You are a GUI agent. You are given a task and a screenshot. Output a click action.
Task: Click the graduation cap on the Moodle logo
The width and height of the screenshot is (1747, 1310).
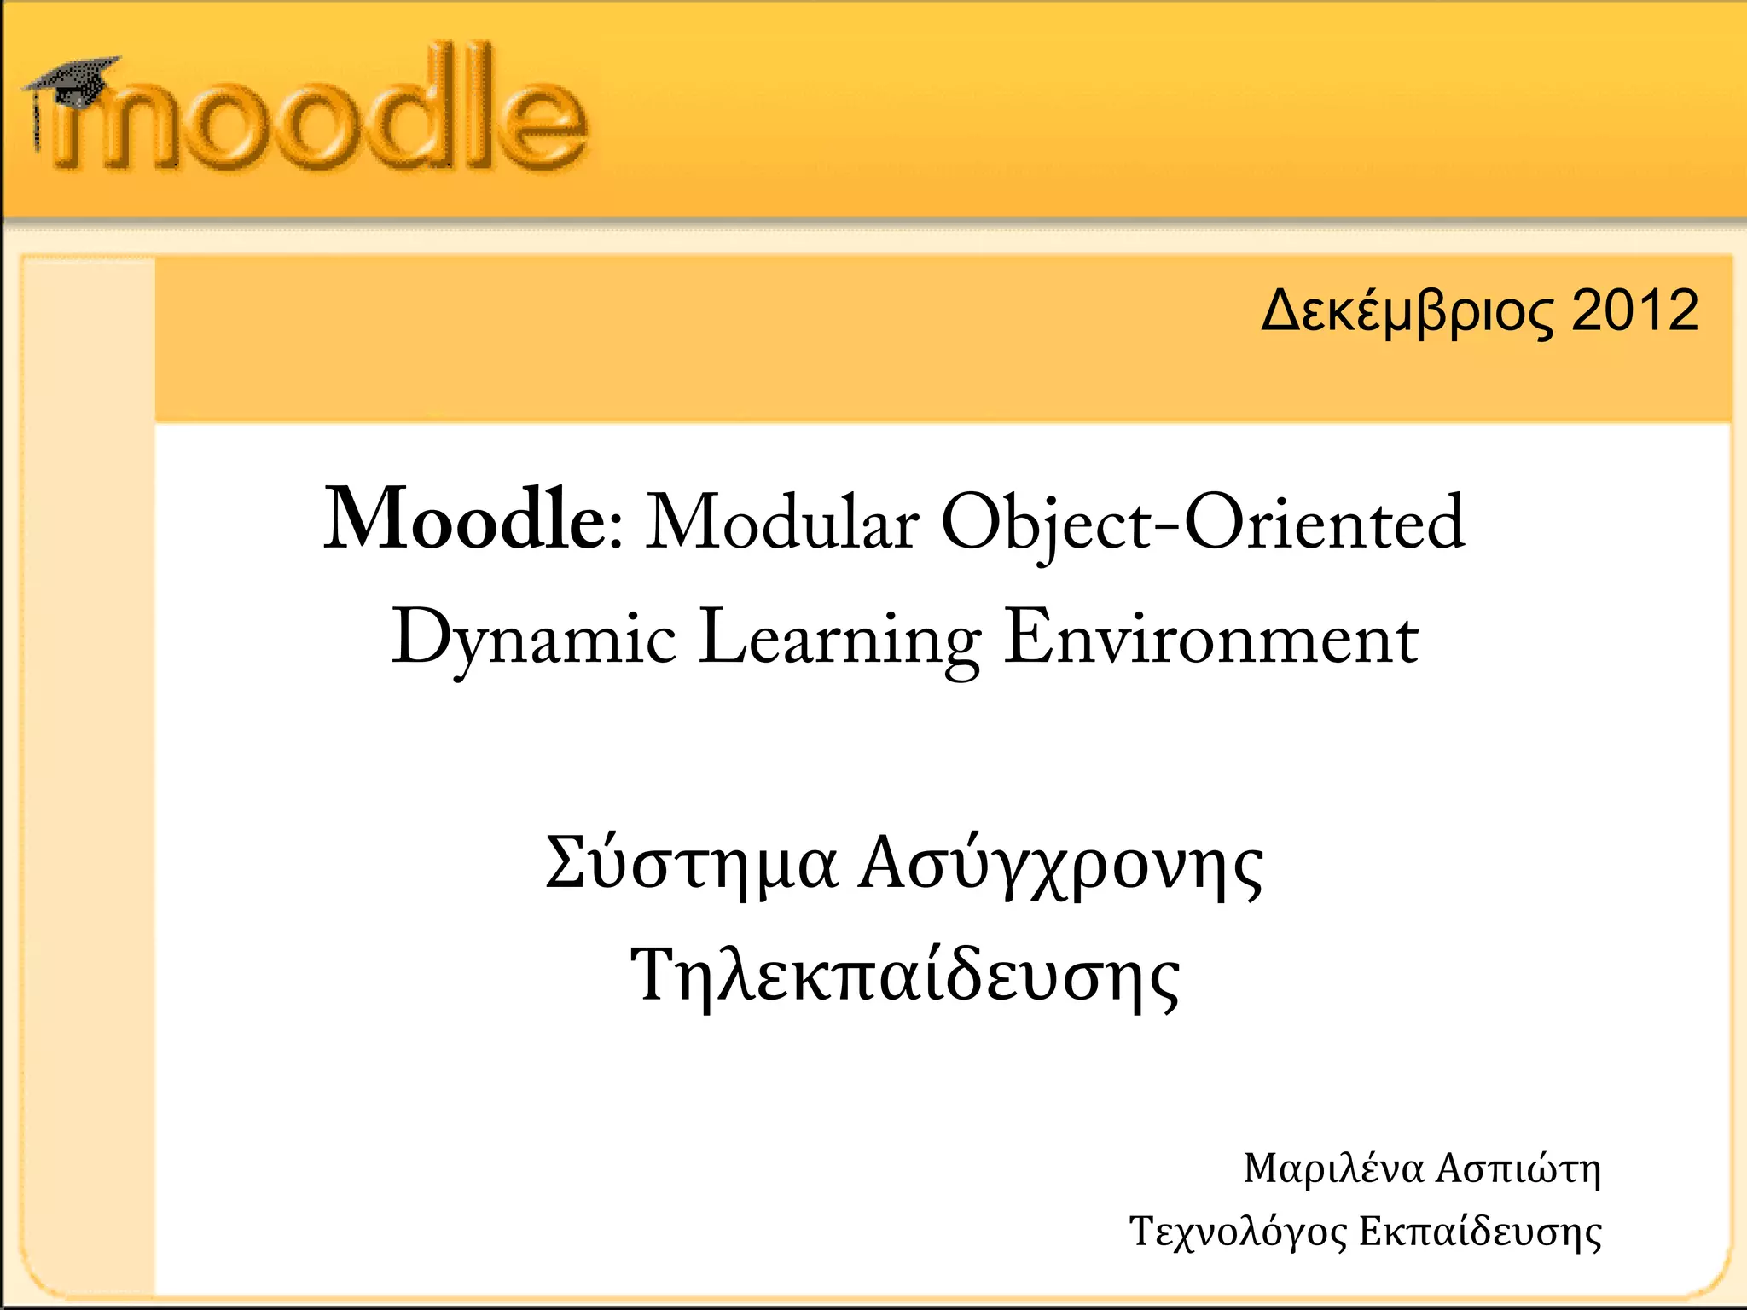click(x=73, y=81)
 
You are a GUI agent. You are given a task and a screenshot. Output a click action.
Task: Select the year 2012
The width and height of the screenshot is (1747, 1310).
click(x=1634, y=310)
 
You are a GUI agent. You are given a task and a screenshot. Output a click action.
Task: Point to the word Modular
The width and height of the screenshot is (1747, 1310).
click(x=781, y=522)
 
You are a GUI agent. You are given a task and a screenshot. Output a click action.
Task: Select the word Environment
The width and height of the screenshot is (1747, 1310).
click(x=1210, y=637)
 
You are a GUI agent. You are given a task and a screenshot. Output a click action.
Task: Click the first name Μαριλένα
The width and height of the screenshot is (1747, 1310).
click(x=1334, y=1169)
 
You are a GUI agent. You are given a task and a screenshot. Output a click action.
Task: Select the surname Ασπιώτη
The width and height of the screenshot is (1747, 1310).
click(x=1518, y=1168)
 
